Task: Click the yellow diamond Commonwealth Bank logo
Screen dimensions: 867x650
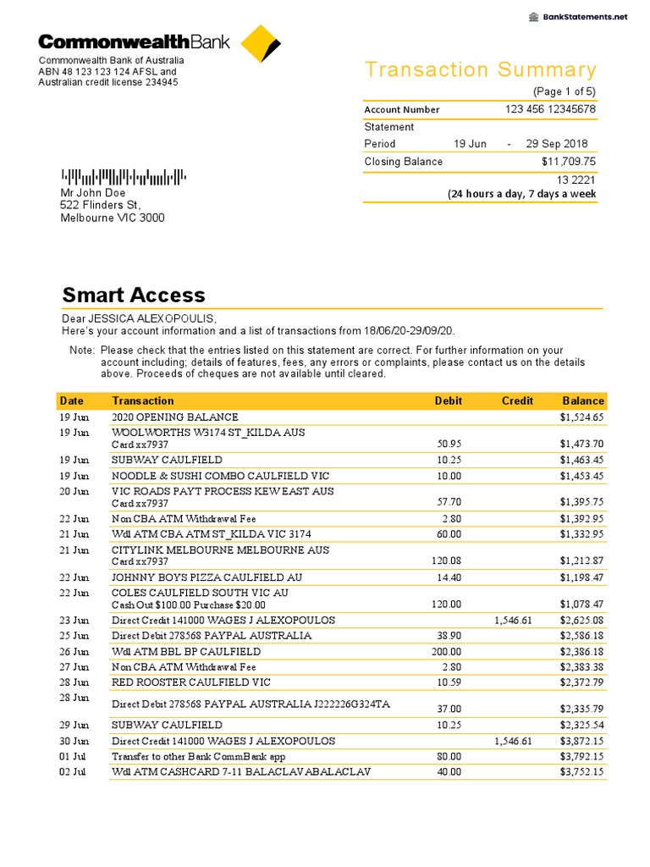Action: tap(259, 44)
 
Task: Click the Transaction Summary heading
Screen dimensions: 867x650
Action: tap(480, 69)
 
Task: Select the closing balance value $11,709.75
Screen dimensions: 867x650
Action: tap(569, 162)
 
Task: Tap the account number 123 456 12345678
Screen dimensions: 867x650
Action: tap(550, 109)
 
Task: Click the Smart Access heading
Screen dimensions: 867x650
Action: tap(134, 295)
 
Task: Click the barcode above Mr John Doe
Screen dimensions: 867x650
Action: tap(124, 177)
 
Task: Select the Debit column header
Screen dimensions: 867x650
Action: tap(448, 400)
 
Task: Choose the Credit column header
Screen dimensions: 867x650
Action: tap(517, 400)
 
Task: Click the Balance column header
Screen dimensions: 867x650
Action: tap(583, 400)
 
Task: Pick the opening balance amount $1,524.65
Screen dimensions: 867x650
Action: tap(581, 417)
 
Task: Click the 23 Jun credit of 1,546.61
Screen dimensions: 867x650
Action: tap(513, 620)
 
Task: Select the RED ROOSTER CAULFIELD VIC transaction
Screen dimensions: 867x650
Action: tap(191, 682)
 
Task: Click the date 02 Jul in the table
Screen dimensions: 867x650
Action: tap(74, 771)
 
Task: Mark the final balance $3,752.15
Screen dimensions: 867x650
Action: tap(581, 771)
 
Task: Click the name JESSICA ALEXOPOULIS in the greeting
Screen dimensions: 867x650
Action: tap(153, 318)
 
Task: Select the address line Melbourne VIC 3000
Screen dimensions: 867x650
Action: tap(113, 218)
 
